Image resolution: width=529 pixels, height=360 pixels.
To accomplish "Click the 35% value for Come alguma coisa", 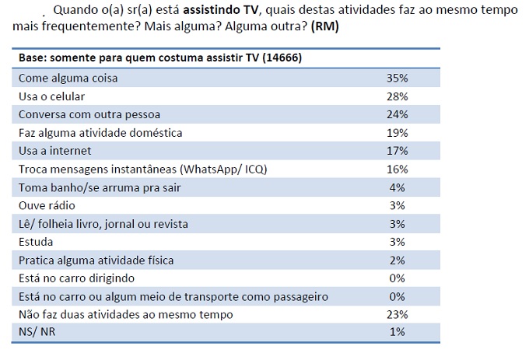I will [397, 79].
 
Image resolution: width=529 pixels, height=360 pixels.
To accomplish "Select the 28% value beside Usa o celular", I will [397, 97].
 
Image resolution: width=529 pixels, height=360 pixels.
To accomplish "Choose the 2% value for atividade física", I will [399, 260].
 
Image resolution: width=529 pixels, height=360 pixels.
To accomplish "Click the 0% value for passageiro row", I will [399, 297].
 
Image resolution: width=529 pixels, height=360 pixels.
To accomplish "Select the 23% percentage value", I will [397, 315].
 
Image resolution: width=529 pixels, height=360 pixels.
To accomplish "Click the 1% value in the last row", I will [399, 333].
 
